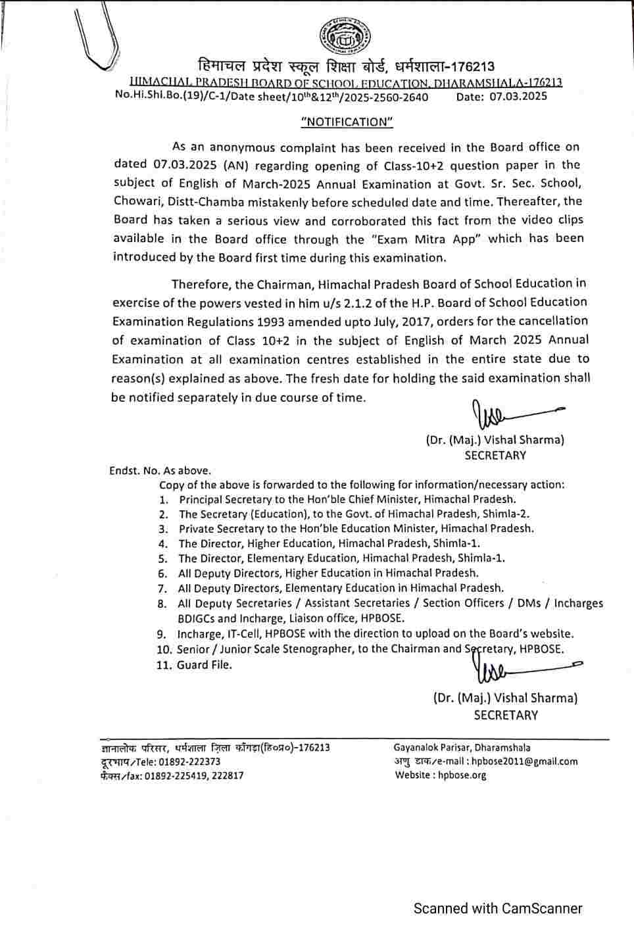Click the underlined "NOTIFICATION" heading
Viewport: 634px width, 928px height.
pyautogui.click(x=346, y=122)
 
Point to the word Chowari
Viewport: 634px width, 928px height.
pyautogui.click(x=135, y=201)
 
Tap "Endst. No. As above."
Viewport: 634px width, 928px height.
pyautogui.click(x=160, y=471)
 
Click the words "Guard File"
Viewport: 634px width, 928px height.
pyautogui.click(x=205, y=665)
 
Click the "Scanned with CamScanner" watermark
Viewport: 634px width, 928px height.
pyautogui.click(x=498, y=909)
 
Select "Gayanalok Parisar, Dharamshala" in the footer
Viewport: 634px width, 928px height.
pyautogui.click(x=462, y=748)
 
